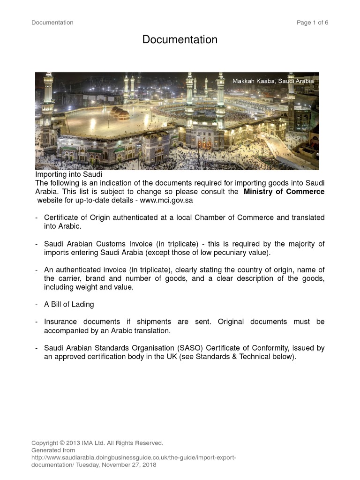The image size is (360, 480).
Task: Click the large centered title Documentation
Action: click(x=180, y=40)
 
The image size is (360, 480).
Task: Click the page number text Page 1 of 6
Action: click(x=312, y=22)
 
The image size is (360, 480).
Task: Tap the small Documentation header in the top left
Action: click(x=52, y=22)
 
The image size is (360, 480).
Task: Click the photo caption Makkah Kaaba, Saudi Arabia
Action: click(x=273, y=81)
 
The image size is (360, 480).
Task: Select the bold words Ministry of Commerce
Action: click(x=284, y=192)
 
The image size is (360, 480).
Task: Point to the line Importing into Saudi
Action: click(x=69, y=174)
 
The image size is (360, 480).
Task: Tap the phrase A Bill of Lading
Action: click(x=69, y=304)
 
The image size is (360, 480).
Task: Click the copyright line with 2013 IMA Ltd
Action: click(x=97, y=443)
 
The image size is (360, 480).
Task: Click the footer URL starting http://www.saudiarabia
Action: click(x=133, y=457)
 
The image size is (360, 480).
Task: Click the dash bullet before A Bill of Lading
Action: click(x=37, y=304)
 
